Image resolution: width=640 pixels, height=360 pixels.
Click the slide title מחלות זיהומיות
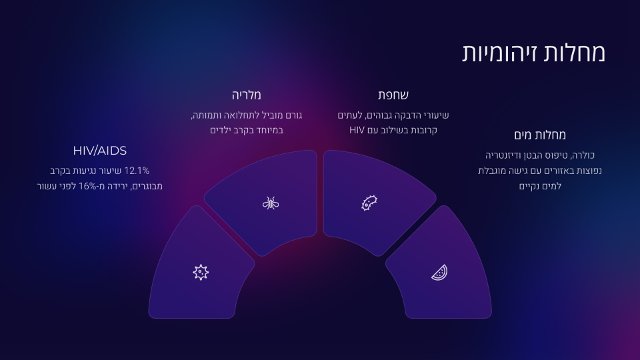click(x=533, y=53)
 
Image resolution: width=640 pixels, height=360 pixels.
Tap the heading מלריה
click(x=247, y=95)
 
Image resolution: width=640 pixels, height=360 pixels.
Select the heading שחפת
click(x=393, y=95)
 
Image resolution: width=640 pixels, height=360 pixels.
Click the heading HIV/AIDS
click(x=99, y=151)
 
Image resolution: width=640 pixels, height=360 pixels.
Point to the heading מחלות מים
click(x=540, y=135)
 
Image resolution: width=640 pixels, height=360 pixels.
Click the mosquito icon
click(x=271, y=203)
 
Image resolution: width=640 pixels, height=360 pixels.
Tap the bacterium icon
click(x=369, y=203)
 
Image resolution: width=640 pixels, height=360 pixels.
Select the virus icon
click(x=201, y=272)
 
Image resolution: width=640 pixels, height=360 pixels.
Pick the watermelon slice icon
click(x=439, y=273)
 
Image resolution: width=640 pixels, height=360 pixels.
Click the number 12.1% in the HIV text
click(x=136, y=171)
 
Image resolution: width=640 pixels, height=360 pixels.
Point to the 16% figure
click(x=87, y=186)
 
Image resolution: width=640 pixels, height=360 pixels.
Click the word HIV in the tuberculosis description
click(x=357, y=130)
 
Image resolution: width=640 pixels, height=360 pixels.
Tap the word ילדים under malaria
click(x=221, y=130)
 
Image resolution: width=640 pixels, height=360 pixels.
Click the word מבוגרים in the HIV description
click(x=146, y=186)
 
